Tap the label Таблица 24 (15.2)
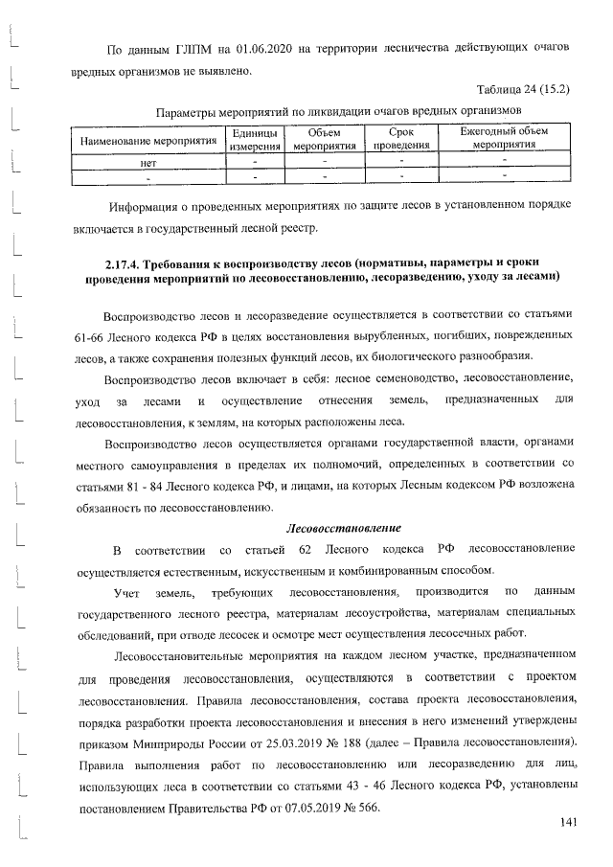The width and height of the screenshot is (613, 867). (x=523, y=90)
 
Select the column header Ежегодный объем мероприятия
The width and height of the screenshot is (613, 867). (x=504, y=140)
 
